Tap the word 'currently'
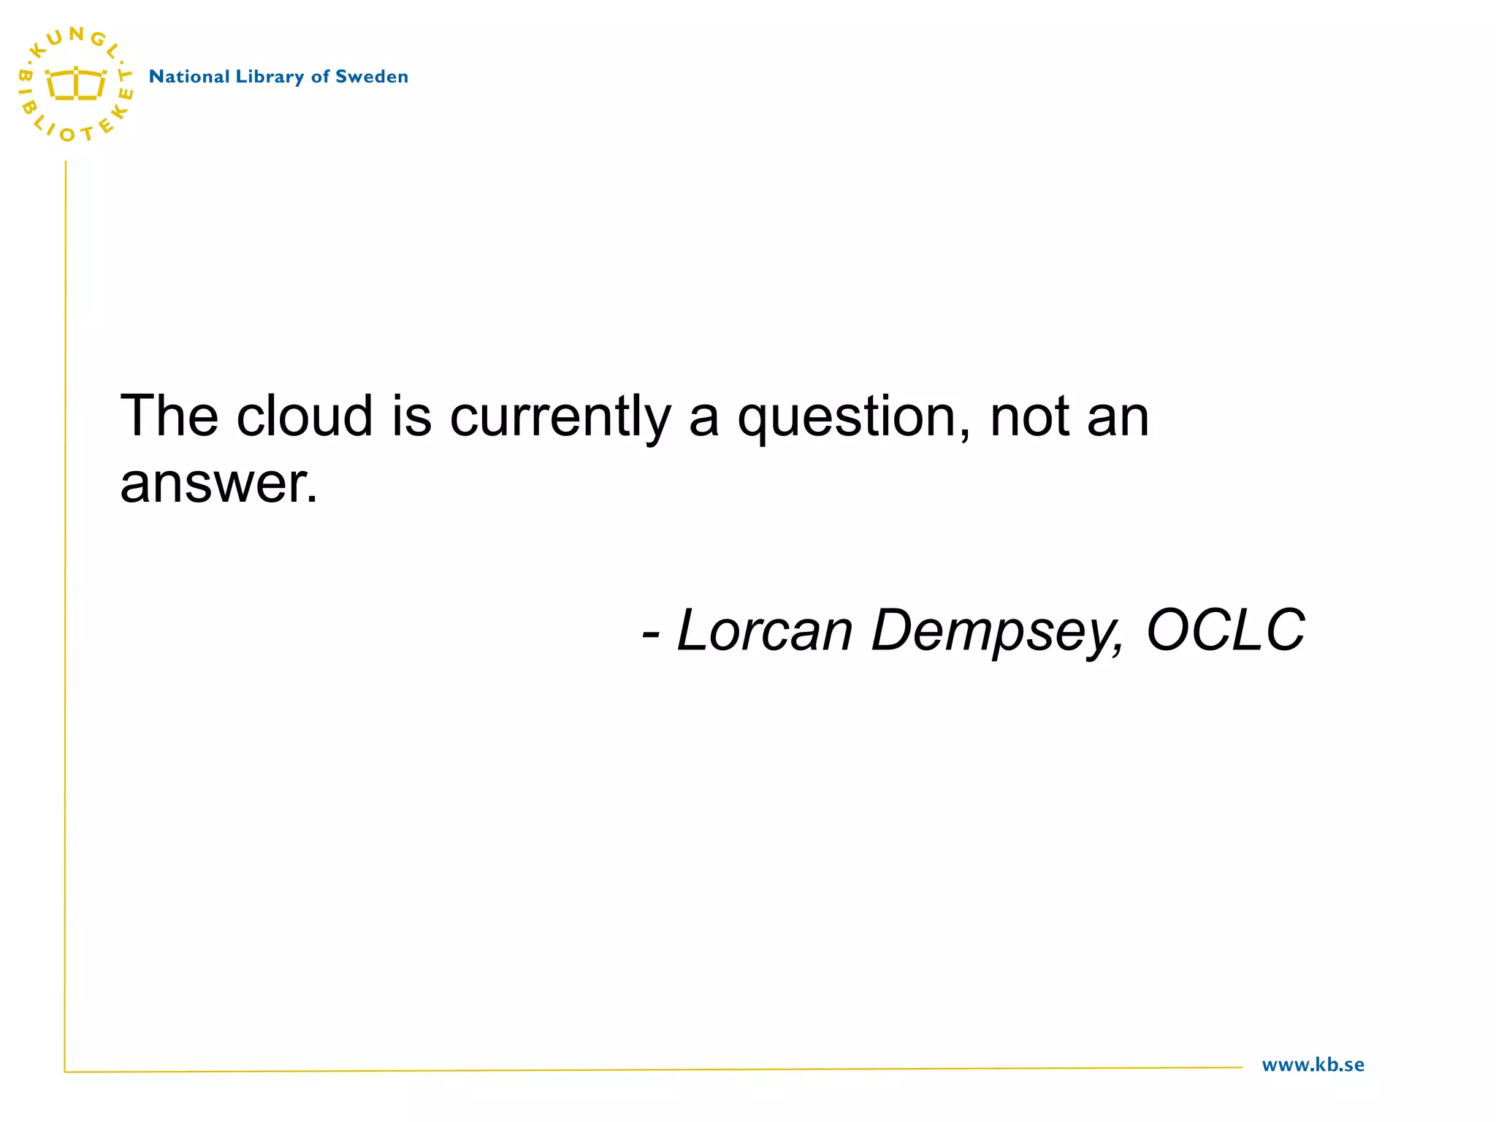(560, 417)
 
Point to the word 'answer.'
(218, 484)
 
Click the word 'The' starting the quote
(169, 416)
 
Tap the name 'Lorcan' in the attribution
(765, 630)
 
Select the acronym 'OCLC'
(1226, 630)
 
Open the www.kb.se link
(1313, 1065)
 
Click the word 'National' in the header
(189, 77)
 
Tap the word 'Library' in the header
(270, 77)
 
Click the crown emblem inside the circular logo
(76, 85)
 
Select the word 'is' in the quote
(411, 416)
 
